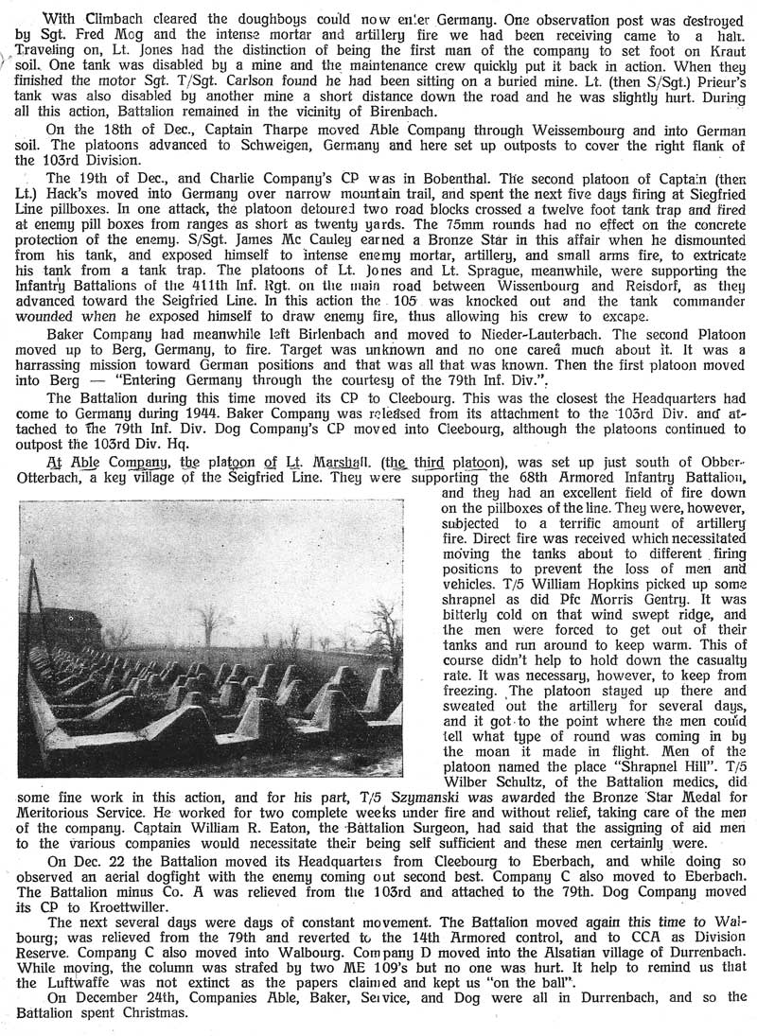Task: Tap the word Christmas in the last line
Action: tap(176, 1015)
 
